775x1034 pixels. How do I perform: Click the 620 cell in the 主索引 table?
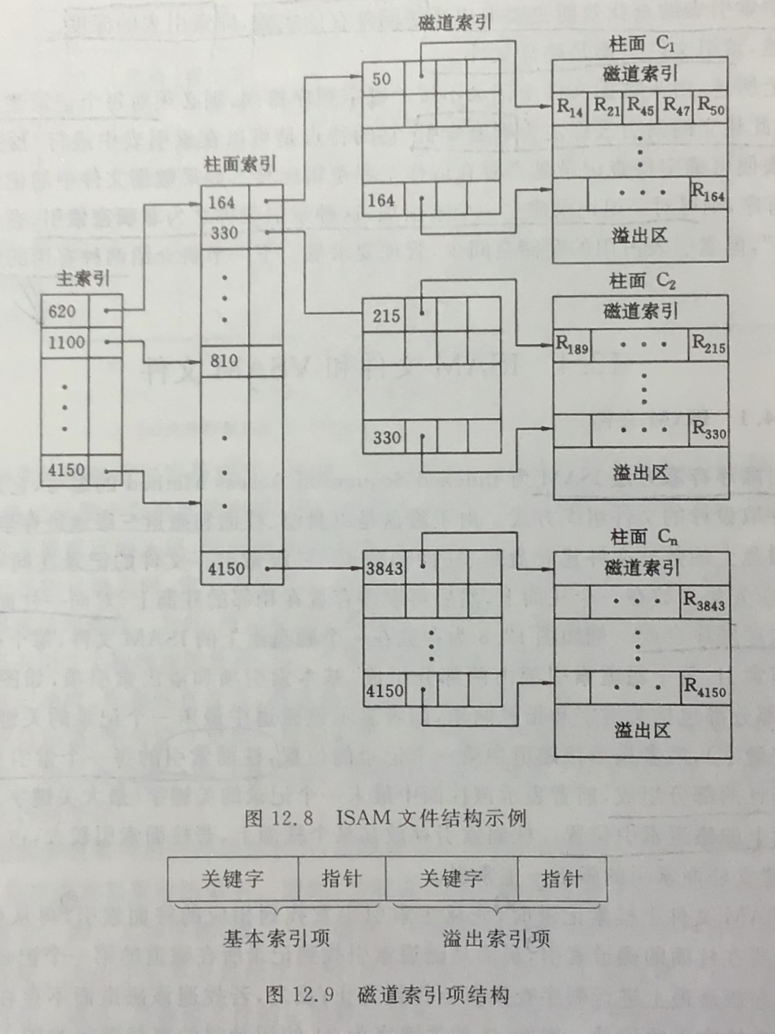click(x=63, y=312)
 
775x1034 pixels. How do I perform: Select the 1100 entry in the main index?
click(x=66, y=343)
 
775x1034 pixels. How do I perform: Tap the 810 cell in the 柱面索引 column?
click(x=224, y=360)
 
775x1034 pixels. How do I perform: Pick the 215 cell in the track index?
click(x=386, y=316)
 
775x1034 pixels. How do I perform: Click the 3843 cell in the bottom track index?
click(x=384, y=568)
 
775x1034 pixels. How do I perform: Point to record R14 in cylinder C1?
click(x=569, y=108)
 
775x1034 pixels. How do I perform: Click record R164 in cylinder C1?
click(x=708, y=193)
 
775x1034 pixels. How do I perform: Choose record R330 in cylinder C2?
click(x=708, y=430)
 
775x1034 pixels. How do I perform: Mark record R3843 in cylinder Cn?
click(x=703, y=601)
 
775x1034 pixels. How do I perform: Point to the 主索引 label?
click(x=83, y=279)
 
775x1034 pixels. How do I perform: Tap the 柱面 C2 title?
click(x=641, y=280)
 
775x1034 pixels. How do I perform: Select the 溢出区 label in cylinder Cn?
click(x=641, y=730)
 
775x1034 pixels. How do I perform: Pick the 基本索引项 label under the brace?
click(x=276, y=938)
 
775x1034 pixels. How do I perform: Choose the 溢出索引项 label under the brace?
click(x=495, y=938)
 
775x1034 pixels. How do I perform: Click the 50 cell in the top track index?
click(x=381, y=79)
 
